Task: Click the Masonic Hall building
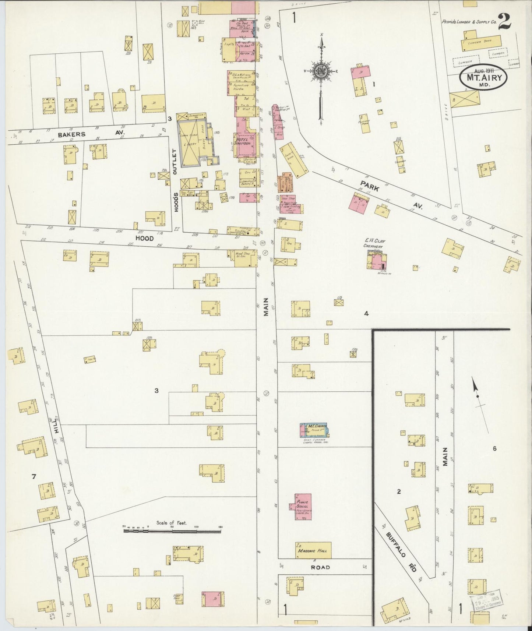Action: (x=313, y=550)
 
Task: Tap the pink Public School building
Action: (x=303, y=507)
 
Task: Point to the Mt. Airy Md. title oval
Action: (x=483, y=77)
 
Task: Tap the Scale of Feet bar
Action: (x=172, y=531)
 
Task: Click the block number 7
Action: (x=34, y=477)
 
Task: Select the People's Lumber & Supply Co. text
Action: (x=469, y=22)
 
